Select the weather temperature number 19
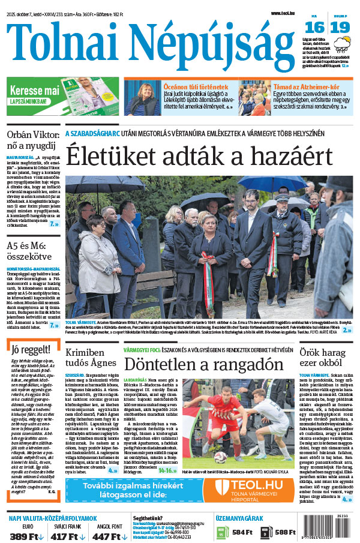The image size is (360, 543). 340,27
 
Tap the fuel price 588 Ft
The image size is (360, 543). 286,532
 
